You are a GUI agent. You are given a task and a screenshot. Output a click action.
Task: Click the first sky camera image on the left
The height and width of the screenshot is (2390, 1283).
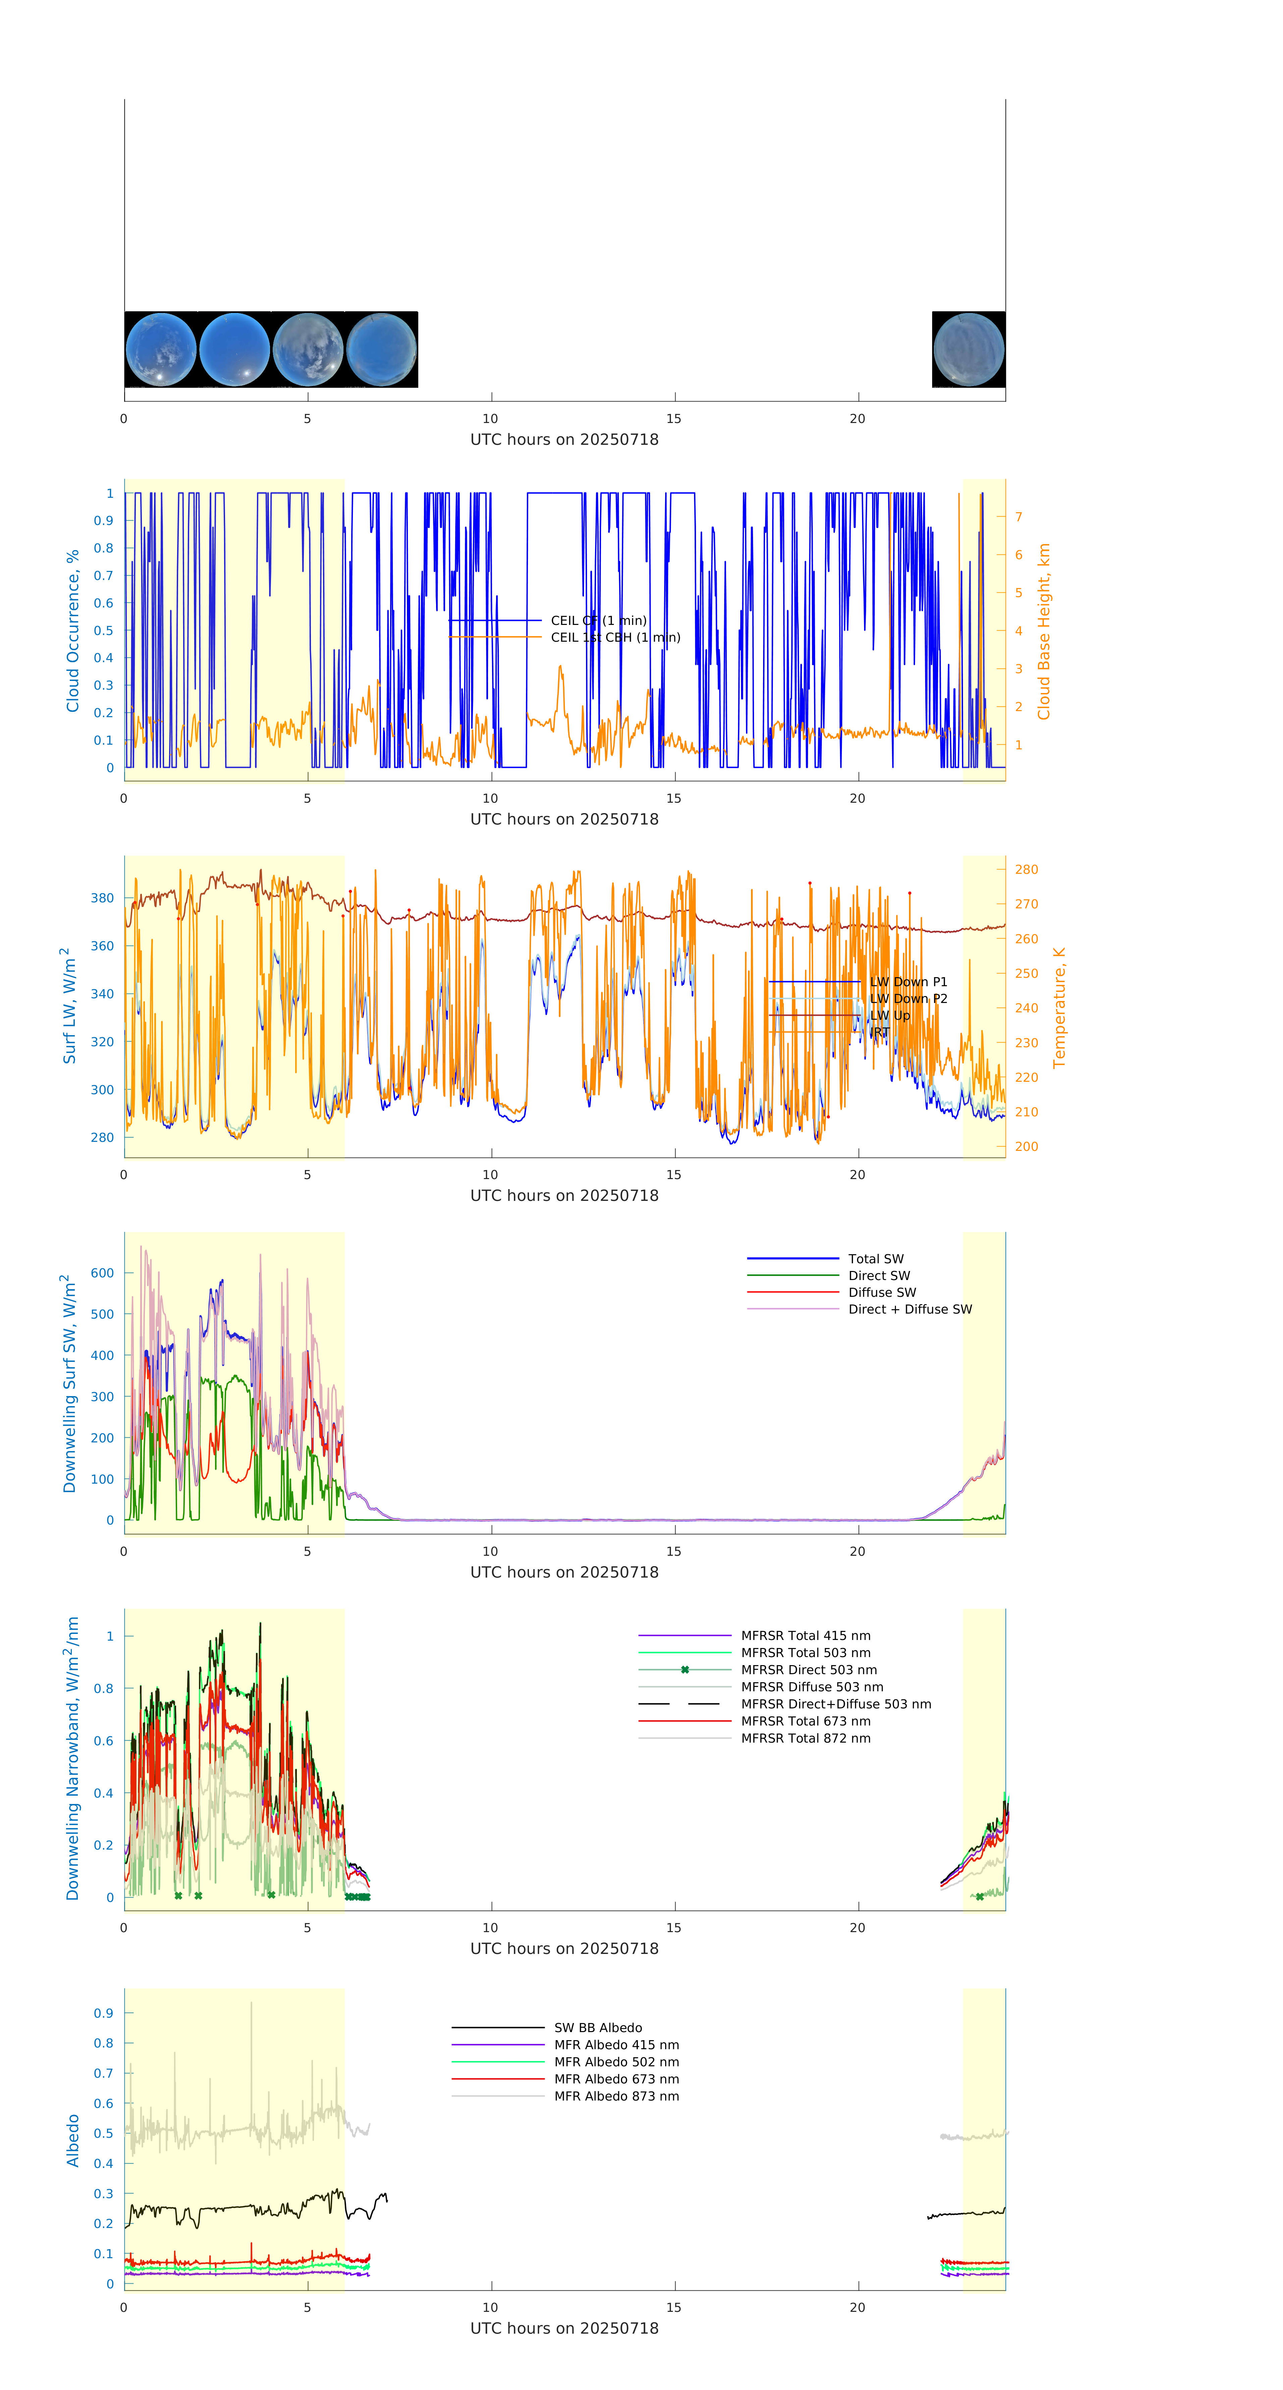pyautogui.click(x=160, y=350)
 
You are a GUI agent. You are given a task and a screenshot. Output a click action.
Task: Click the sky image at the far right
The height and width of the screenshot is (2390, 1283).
pyautogui.click(x=968, y=350)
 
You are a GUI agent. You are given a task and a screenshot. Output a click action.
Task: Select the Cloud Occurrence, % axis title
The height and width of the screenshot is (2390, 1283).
pyautogui.click(x=72, y=631)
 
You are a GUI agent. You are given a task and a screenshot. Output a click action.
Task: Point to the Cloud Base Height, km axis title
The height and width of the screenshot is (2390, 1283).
pyautogui.click(x=1044, y=631)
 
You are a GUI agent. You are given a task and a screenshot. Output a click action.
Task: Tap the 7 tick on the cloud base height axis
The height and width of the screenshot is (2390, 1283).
pyautogui.click(x=1019, y=517)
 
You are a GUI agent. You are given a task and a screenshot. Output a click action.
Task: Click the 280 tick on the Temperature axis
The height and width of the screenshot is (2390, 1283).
pyautogui.click(x=1026, y=869)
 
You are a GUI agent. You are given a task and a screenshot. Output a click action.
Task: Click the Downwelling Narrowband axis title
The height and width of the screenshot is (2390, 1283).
pyautogui.click(x=72, y=1758)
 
